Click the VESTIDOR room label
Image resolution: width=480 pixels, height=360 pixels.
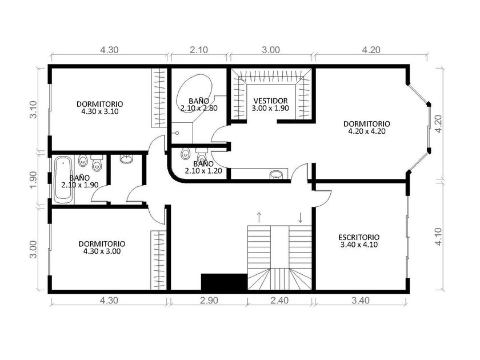click(x=270, y=101)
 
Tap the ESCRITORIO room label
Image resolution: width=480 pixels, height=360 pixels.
click(x=359, y=237)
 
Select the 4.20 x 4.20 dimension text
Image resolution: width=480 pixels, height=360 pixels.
click(x=367, y=131)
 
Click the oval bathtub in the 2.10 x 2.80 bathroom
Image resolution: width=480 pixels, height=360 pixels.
click(x=194, y=93)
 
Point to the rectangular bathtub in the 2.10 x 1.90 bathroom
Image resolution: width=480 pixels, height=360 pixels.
click(x=63, y=179)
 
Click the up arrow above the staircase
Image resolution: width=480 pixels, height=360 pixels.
click(x=259, y=217)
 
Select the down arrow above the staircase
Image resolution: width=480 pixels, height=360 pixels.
click(x=301, y=217)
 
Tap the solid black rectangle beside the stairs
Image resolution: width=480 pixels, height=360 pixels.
click(x=224, y=281)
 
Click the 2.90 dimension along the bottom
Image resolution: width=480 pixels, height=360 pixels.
click(x=209, y=301)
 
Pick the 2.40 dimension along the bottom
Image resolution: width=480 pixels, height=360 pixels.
click(x=279, y=301)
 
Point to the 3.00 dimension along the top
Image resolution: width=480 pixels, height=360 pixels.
click(x=271, y=50)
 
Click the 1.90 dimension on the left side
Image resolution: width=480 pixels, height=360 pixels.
click(x=33, y=179)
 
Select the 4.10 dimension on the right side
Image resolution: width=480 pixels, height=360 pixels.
click(x=438, y=237)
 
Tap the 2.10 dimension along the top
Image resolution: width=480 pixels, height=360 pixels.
click(x=199, y=50)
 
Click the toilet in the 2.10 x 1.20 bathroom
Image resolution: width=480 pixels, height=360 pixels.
click(x=201, y=155)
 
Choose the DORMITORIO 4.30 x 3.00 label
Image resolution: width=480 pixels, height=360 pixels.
click(x=102, y=247)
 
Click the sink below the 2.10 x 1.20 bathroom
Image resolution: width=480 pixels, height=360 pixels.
click(x=277, y=174)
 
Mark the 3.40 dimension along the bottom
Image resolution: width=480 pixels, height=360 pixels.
click(x=361, y=301)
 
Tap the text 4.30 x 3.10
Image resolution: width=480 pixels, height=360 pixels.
click(x=100, y=111)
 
